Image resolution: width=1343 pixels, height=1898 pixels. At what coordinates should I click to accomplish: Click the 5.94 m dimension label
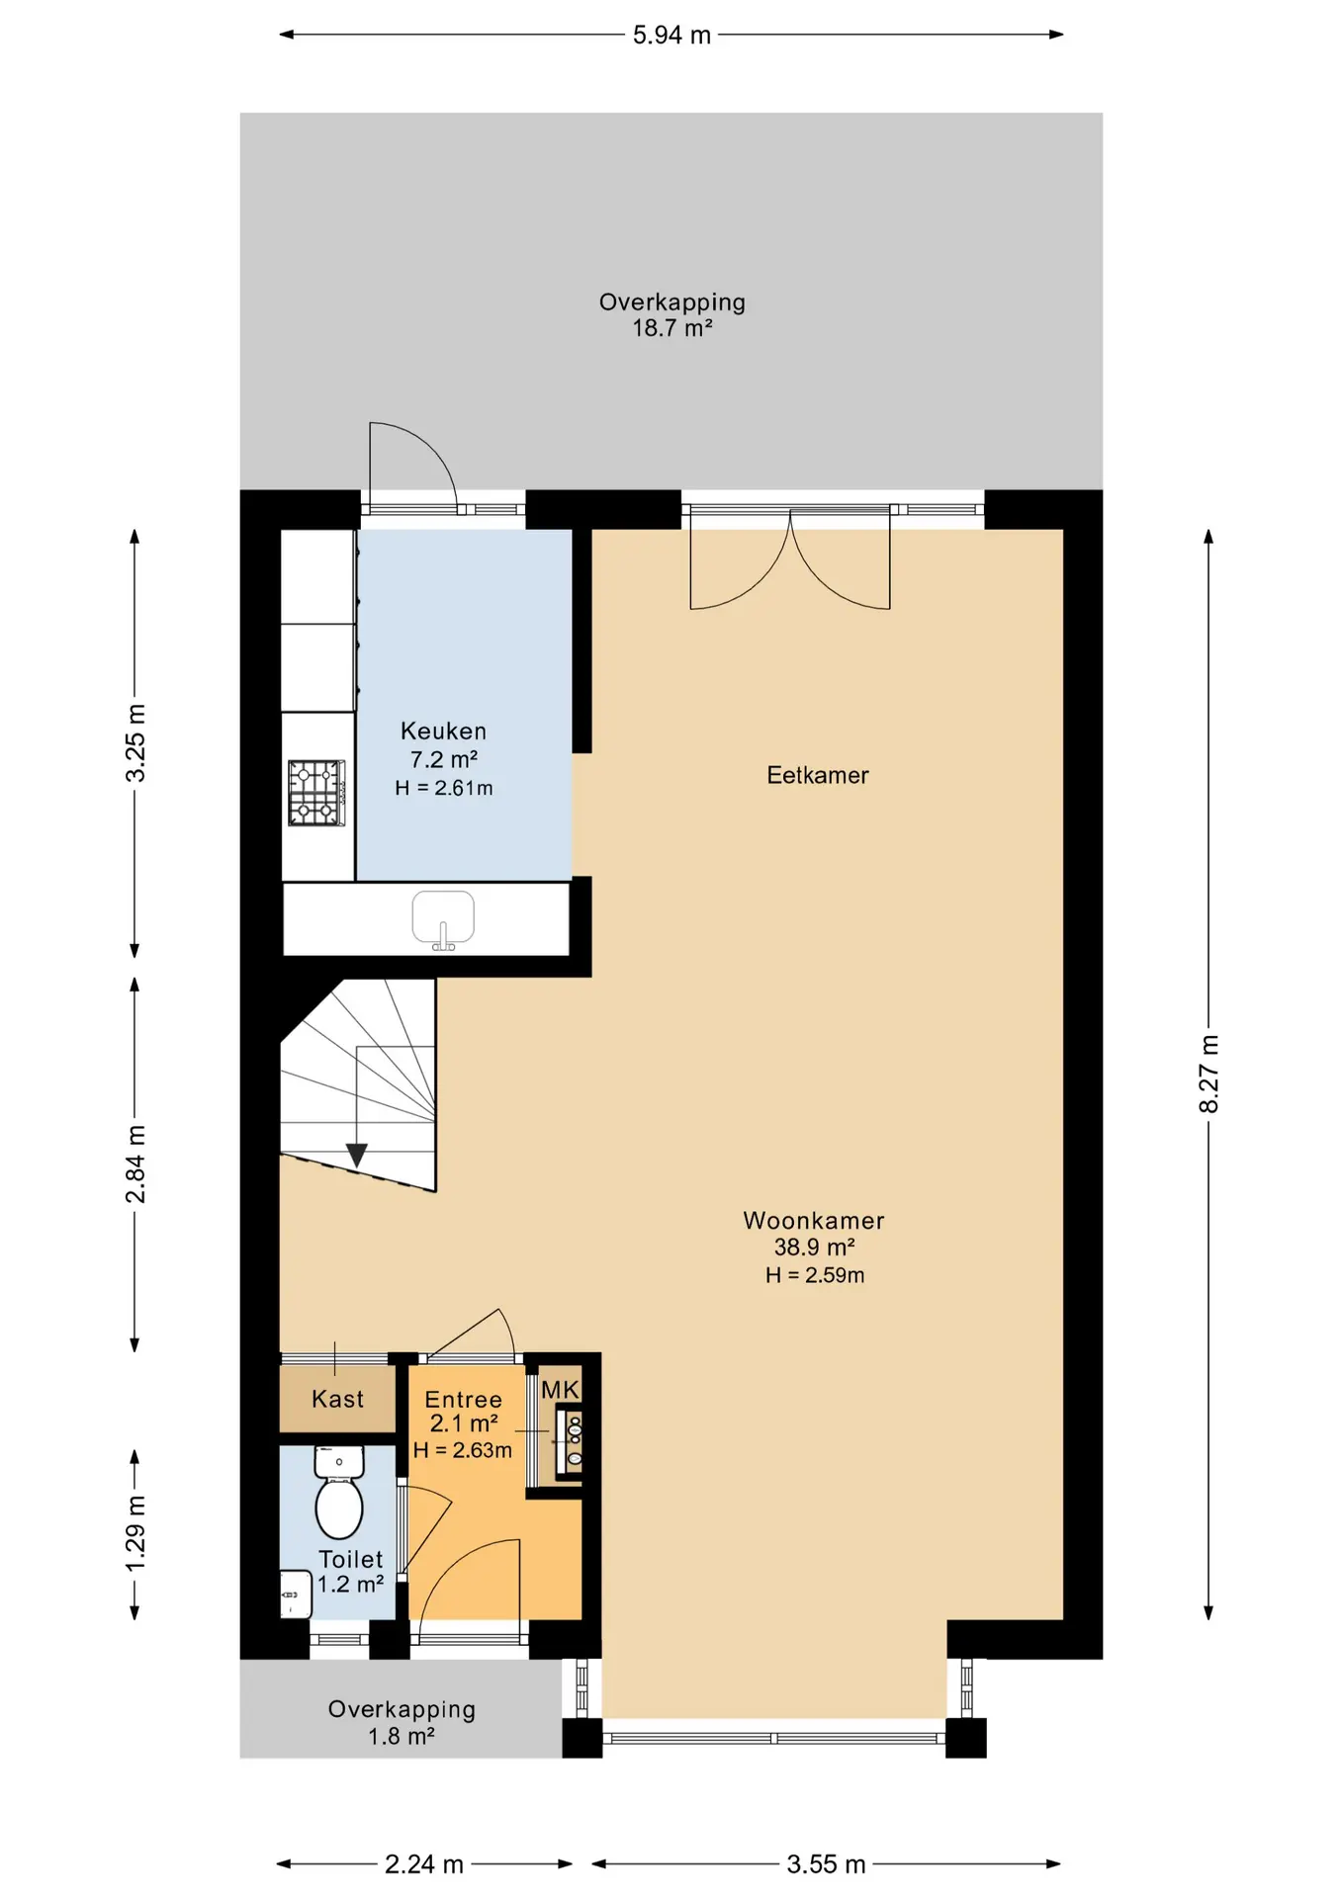[x=671, y=36]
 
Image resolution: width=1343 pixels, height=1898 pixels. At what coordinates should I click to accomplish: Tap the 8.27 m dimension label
[x=1209, y=1074]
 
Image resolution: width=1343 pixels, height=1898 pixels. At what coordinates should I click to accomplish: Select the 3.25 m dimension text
[x=135, y=743]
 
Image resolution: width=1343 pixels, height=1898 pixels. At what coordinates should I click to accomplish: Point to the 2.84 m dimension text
[x=135, y=1164]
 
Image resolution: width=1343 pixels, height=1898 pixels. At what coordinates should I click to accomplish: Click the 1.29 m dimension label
[x=135, y=1533]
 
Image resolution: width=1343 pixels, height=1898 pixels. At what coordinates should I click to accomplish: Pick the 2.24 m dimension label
[x=424, y=1864]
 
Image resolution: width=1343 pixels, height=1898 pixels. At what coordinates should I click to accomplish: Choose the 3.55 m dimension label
[x=826, y=1864]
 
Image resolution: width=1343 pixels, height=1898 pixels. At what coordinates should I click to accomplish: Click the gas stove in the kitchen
[x=316, y=793]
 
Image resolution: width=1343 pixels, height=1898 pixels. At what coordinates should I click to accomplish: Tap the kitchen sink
[x=443, y=919]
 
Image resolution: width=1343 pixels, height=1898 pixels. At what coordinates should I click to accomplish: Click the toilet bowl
[x=339, y=1495]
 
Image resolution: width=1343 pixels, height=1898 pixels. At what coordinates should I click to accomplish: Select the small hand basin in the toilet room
[x=295, y=1594]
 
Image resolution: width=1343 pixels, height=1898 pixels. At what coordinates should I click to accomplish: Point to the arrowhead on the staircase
[x=357, y=1155]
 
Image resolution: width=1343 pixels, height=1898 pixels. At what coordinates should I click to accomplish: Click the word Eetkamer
[x=818, y=775]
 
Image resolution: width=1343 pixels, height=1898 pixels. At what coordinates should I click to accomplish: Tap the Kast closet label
[x=337, y=1399]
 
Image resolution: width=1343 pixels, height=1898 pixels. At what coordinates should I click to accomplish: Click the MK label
[x=560, y=1390]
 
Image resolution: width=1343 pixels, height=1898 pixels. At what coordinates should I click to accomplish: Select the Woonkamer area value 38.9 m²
[x=814, y=1248]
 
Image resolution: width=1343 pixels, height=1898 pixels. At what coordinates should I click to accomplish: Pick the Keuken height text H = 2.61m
[x=444, y=788]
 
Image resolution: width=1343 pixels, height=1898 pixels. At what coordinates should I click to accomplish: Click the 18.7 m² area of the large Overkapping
[x=672, y=328]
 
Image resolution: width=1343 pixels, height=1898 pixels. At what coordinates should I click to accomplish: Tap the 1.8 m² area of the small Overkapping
[x=402, y=1736]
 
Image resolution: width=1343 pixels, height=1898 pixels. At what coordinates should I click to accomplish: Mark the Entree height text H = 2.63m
[x=463, y=1450]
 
